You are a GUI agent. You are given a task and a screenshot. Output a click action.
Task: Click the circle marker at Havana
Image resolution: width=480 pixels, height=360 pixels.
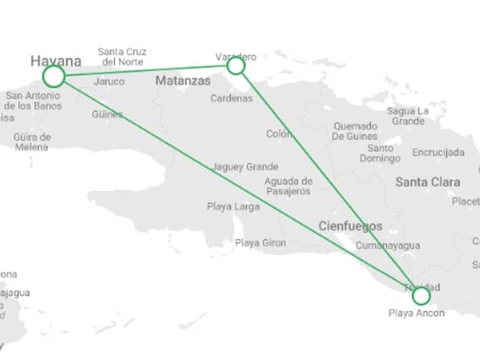(x=54, y=76)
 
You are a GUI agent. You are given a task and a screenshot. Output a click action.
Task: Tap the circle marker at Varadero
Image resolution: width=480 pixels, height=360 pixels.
(x=236, y=66)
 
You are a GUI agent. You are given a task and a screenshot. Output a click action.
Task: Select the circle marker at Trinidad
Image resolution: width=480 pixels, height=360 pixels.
(x=421, y=296)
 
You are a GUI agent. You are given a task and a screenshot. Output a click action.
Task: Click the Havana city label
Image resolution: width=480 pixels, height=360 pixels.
(x=56, y=61)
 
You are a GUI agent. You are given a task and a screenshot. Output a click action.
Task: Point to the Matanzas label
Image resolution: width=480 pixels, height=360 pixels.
(x=183, y=81)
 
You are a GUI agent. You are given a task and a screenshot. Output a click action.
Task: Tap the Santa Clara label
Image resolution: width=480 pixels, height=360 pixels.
(x=427, y=182)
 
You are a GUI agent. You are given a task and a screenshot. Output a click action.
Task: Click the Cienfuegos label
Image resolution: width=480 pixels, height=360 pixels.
(x=350, y=226)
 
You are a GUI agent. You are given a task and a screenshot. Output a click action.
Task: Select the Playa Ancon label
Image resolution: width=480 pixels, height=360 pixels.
(x=416, y=313)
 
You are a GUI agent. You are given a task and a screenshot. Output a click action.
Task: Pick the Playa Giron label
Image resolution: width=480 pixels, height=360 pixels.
(x=261, y=243)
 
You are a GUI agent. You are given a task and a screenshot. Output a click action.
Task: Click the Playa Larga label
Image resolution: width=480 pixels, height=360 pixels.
(x=233, y=207)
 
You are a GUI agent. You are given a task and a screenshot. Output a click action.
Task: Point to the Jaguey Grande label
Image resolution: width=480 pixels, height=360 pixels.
(x=246, y=167)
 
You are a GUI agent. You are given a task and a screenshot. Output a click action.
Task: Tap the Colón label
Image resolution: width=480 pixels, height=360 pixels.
(x=279, y=134)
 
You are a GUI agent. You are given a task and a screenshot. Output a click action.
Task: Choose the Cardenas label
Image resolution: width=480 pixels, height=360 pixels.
(x=231, y=98)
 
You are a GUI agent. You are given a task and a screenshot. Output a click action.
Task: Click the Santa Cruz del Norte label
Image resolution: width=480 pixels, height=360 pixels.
(x=122, y=57)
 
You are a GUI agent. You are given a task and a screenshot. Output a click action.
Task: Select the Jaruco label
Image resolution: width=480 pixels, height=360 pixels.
(x=109, y=81)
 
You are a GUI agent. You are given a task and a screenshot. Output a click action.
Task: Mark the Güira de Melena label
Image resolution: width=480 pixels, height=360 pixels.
(x=32, y=142)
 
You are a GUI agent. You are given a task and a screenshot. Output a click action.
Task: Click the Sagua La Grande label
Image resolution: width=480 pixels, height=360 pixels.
(x=407, y=116)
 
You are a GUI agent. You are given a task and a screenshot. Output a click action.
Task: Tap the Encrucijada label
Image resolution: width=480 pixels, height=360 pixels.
(x=438, y=152)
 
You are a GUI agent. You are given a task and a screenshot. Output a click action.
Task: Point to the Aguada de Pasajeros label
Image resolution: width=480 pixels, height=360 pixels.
(x=288, y=186)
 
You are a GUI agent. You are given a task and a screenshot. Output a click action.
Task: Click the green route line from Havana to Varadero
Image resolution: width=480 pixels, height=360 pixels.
(x=144, y=71)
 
